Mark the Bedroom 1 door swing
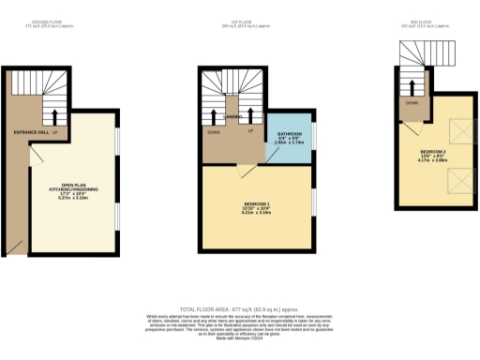(245, 169)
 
